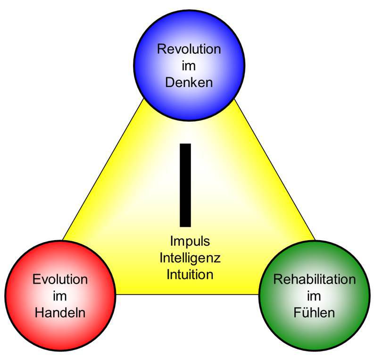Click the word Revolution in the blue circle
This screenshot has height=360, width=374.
(x=189, y=49)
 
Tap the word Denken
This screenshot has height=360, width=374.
(x=189, y=83)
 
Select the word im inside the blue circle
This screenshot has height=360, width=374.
(x=189, y=66)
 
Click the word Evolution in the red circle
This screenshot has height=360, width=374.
(x=60, y=279)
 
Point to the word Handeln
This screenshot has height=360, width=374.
(x=60, y=312)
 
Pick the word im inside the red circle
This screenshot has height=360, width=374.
(x=60, y=296)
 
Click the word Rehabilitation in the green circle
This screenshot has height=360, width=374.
(x=315, y=279)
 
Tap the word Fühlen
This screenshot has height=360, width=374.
(x=315, y=312)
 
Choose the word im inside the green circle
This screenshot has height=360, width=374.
(x=315, y=296)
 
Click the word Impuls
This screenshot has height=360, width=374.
(x=190, y=241)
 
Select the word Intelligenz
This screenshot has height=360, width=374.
(x=190, y=258)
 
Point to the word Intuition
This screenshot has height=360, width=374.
(x=190, y=274)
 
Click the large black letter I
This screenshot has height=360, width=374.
(x=185, y=185)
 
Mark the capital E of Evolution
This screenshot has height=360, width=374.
(x=36, y=279)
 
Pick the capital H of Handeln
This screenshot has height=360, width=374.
(x=39, y=312)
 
